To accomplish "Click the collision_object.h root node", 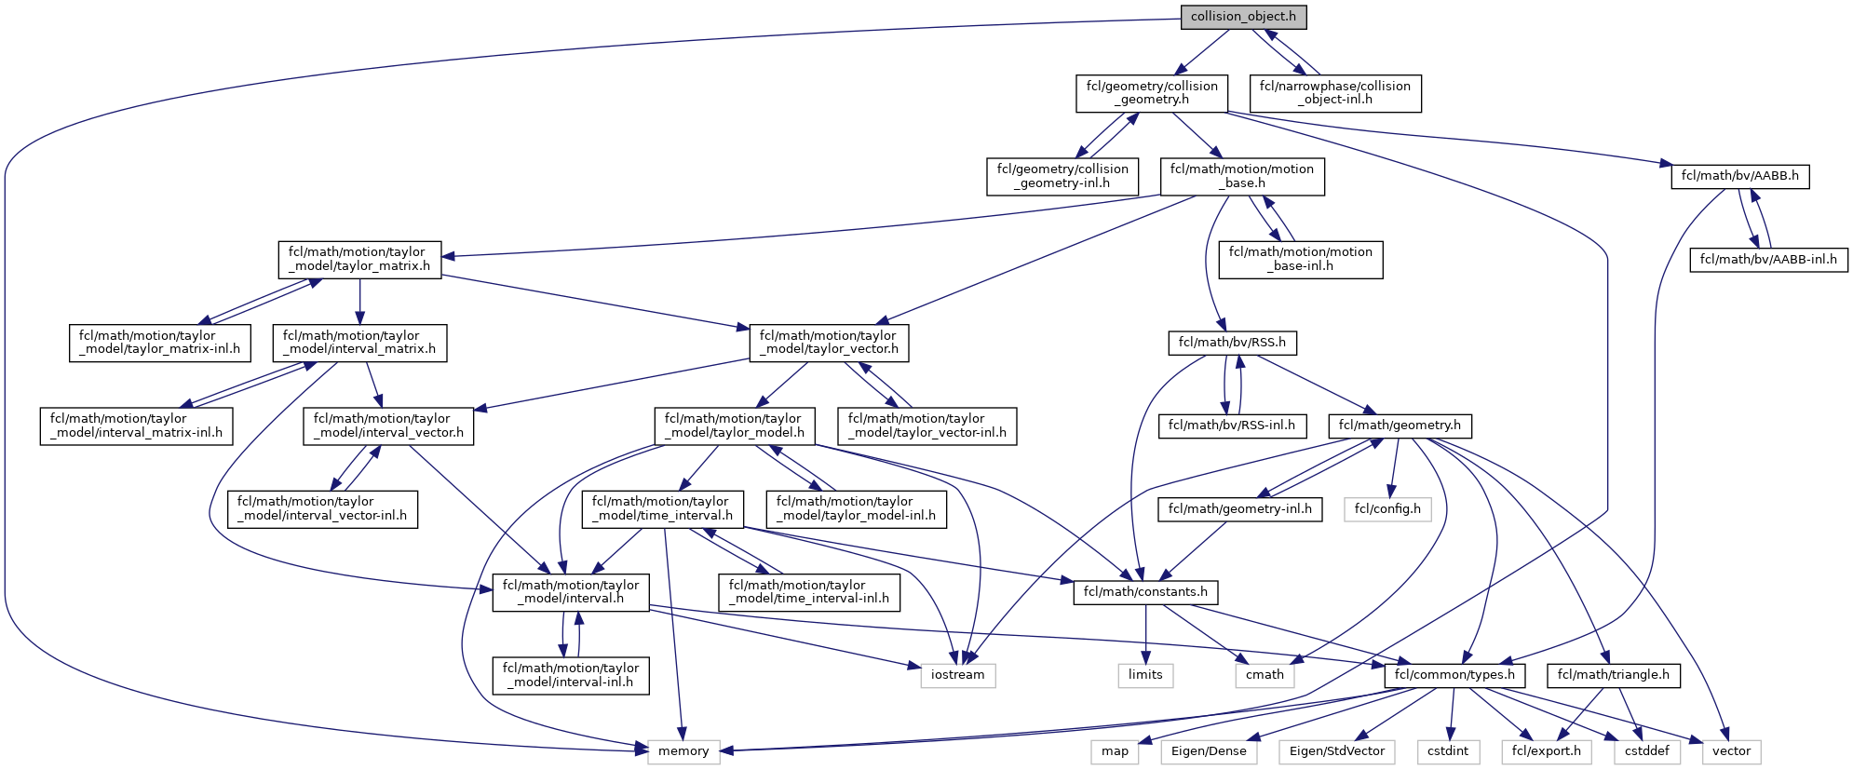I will (x=1243, y=17).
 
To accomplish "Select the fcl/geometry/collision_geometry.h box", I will (x=1152, y=93).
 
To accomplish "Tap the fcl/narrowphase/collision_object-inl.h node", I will (x=1334, y=93).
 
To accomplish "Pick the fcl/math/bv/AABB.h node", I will (x=1739, y=176).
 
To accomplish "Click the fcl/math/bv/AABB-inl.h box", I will (x=1767, y=259).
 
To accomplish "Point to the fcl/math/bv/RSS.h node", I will (x=1232, y=343).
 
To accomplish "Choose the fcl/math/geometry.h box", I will (x=1400, y=426).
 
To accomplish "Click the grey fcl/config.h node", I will (x=1386, y=509).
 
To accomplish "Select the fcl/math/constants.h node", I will (x=1145, y=592).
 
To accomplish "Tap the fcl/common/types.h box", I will (x=1454, y=675).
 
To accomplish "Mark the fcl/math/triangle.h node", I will (x=1613, y=675).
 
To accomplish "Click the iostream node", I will (x=957, y=675).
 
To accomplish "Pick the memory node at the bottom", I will (x=683, y=751).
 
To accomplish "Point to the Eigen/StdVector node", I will (x=1336, y=751).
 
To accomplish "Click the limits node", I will (x=1145, y=675).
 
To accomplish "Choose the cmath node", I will (x=1265, y=675).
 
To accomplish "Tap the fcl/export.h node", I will (x=1546, y=751).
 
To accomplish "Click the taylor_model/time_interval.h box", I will (x=662, y=509).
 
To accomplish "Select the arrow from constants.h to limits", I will (x=1145, y=633).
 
